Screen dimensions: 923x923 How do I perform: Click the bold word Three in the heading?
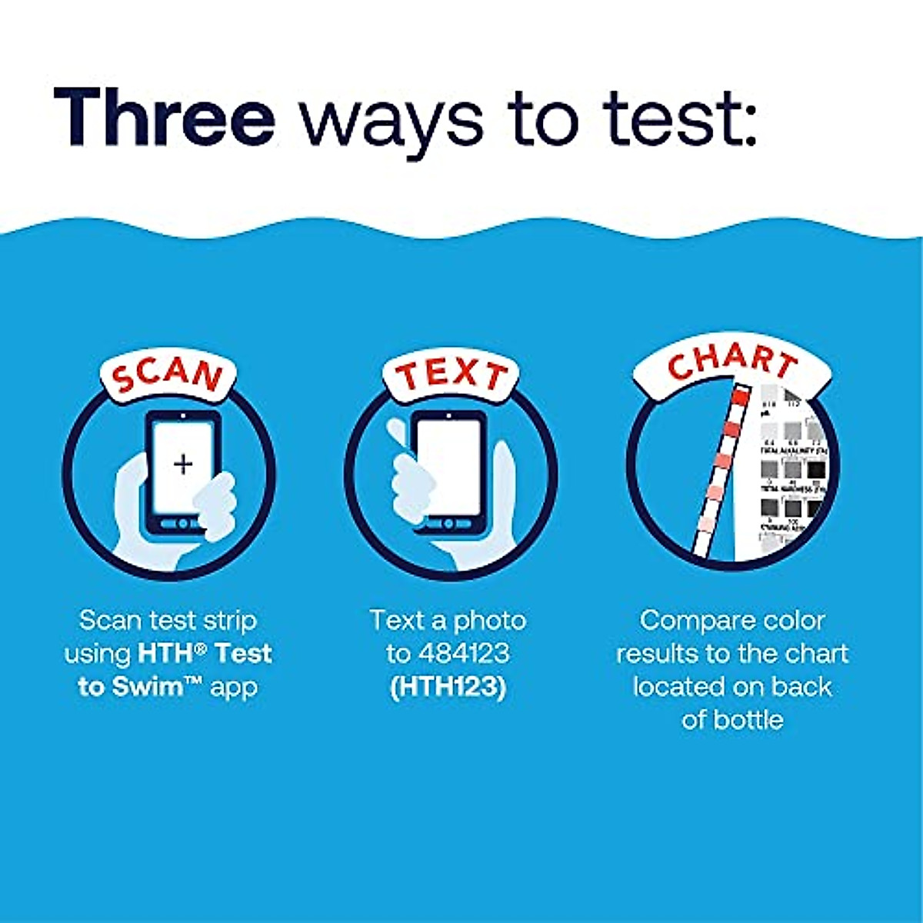click(x=165, y=117)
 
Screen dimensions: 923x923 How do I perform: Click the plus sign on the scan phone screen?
click(x=182, y=464)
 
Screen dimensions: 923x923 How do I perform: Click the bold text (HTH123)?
click(x=448, y=686)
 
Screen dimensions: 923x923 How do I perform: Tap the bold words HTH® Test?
click(x=205, y=653)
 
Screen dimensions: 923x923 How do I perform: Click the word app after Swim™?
click(x=234, y=686)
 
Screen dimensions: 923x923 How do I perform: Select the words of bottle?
click(x=732, y=719)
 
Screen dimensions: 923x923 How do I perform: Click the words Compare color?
click(x=732, y=620)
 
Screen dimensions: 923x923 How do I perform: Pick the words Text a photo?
click(x=448, y=620)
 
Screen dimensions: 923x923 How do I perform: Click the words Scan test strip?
click(x=168, y=620)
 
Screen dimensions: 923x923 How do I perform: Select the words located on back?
click(x=732, y=686)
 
